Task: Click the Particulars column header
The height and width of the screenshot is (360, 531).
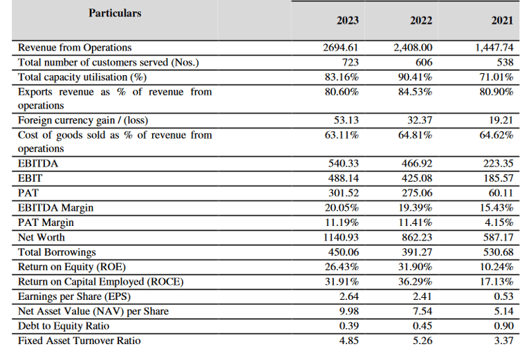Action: click(x=115, y=13)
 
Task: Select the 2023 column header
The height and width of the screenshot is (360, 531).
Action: click(x=347, y=20)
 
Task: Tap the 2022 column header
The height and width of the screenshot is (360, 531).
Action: click(x=420, y=20)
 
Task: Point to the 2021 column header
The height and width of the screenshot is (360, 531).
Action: click(x=502, y=20)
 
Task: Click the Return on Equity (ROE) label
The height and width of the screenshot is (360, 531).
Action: click(x=72, y=267)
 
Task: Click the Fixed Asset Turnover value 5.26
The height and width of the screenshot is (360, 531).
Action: click(x=422, y=340)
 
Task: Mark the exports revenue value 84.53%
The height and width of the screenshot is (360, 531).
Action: click(x=417, y=91)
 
